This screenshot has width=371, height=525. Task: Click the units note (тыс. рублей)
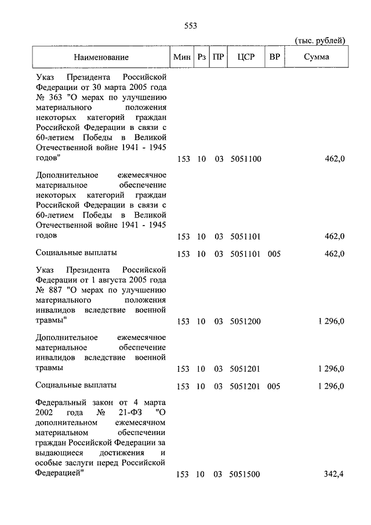click(320, 41)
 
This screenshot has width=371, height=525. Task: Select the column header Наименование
click(101, 57)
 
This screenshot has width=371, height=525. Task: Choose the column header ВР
click(274, 57)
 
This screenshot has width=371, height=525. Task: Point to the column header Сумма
click(317, 57)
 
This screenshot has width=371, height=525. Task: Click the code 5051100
click(245, 158)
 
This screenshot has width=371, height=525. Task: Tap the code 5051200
click(245, 321)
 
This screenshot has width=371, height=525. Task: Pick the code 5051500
click(245, 475)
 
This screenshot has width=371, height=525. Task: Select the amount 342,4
click(333, 475)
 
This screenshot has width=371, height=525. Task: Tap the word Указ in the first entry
click(46, 77)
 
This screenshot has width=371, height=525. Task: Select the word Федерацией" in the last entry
click(60, 473)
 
